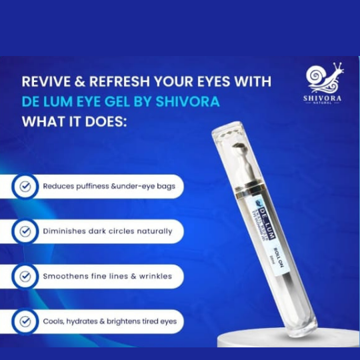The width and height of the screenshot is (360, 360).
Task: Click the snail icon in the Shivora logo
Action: click(325, 77)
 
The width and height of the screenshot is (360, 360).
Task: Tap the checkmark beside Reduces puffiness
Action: click(25, 187)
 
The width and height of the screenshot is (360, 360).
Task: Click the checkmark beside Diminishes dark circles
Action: click(25, 231)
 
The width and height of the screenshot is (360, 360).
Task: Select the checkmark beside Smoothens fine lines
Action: click(25, 276)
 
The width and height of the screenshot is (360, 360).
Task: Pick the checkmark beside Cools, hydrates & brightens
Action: click(25, 321)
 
